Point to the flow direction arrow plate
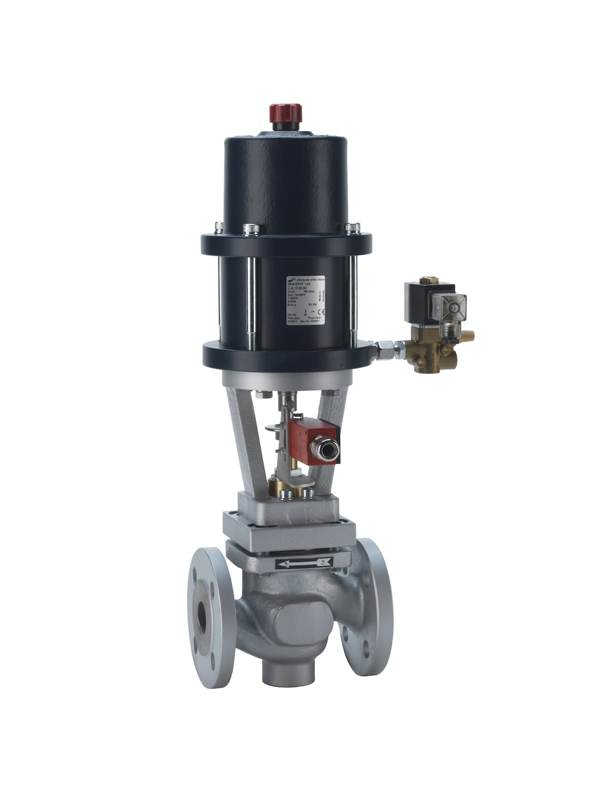pos(305,563)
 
